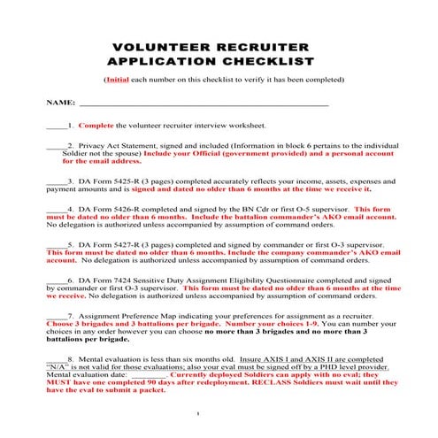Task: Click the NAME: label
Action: [x=60, y=104]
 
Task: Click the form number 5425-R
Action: [x=122, y=181]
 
